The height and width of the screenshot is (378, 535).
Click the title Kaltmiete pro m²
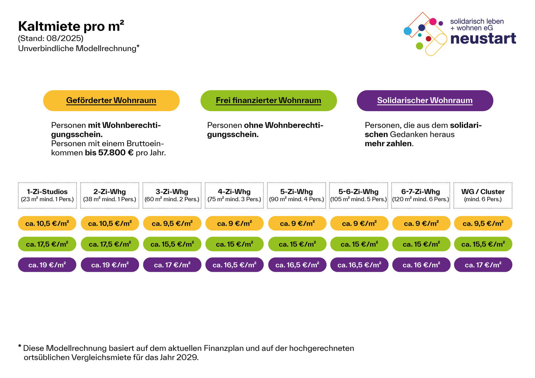pyautogui.click(x=71, y=26)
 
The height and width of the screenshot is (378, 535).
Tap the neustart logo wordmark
pyautogui.click(x=483, y=39)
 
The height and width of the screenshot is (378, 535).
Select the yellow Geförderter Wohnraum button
pyautogui.click(x=111, y=101)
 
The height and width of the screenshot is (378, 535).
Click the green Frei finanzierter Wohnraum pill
pyautogui.click(x=269, y=101)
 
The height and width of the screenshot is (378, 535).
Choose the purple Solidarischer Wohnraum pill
pyautogui.click(x=425, y=101)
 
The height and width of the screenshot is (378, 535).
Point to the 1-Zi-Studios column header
pyautogui.click(x=47, y=195)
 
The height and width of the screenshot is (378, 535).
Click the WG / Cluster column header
pyautogui.click(x=483, y=195)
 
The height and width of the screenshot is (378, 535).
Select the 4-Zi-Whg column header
pyautogui.click(x=234, y=195)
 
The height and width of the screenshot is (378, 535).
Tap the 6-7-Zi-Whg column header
pyautogui.click(x=421, y=195)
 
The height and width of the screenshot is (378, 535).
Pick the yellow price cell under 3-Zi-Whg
pyautogui.click(x=172, y=224)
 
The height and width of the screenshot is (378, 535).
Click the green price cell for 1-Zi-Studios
pyautogui.click(x=47, y=244)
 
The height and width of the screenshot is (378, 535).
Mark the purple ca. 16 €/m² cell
pyautogui.click(x=421, y=265)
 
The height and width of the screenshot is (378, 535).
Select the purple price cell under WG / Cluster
pyautogui.click(x=483, y=265)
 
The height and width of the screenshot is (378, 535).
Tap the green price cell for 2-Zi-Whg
pyautogui.click(x=110, y=244)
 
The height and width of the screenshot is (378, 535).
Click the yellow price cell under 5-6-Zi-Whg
pyautogui.click(x=359, y=224)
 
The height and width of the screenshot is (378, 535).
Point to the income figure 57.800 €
pyautogui.click(x=116, y=153)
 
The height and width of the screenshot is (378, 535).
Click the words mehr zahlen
pyautogui.click(x=388, y=144)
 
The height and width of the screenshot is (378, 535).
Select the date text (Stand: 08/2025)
pyautogui.click(x=51, y=38)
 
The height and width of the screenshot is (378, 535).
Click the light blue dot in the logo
pyautogui.click(x=407, y=31)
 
